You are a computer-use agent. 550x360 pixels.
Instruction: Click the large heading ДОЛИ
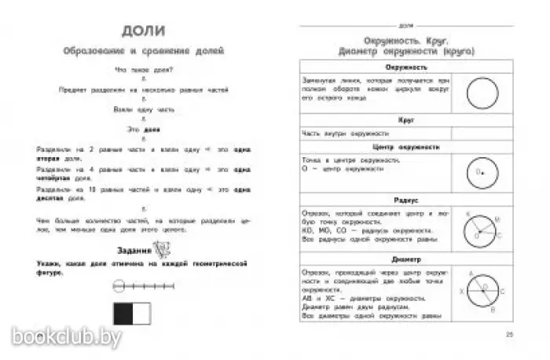click(x=143, y=32)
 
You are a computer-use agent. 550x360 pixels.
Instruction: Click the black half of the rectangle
click(x=123, y=314)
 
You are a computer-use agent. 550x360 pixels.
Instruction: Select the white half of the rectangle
click(x=141, y=314)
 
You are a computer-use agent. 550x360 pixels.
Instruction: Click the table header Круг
click(x=372, y=121)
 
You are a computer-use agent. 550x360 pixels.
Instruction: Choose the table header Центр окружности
click(x=372, y=147)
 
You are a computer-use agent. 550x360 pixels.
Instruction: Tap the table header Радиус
click(x=372, y=200)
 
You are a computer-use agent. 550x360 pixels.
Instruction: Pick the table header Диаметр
click(x=372, y=259)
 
